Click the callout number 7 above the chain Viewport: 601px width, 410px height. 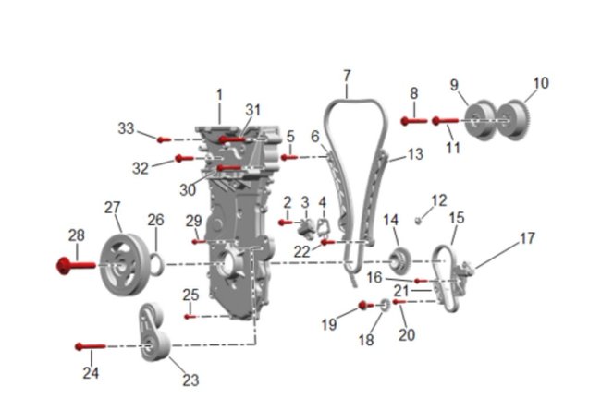[347, 76]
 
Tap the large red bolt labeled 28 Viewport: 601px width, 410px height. [76, 265]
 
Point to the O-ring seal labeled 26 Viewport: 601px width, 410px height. [157, 264]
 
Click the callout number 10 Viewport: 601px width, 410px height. [541, 83]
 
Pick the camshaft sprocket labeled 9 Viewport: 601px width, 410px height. [481, 120]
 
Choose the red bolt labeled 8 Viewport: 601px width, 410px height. [414, 121]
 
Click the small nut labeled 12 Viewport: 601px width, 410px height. [419, 220]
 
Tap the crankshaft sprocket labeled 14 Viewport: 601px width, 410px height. [400, 261]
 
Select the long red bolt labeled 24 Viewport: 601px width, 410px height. [91, 347]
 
